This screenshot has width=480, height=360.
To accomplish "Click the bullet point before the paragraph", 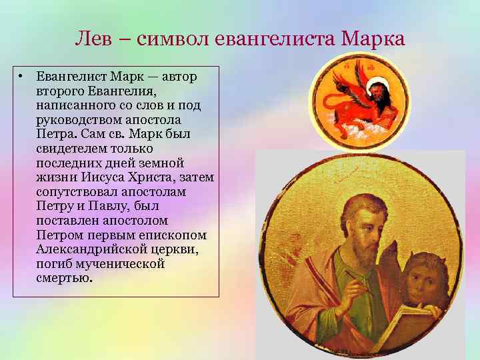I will (22, 77).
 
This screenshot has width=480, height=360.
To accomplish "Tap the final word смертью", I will (64, 277).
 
